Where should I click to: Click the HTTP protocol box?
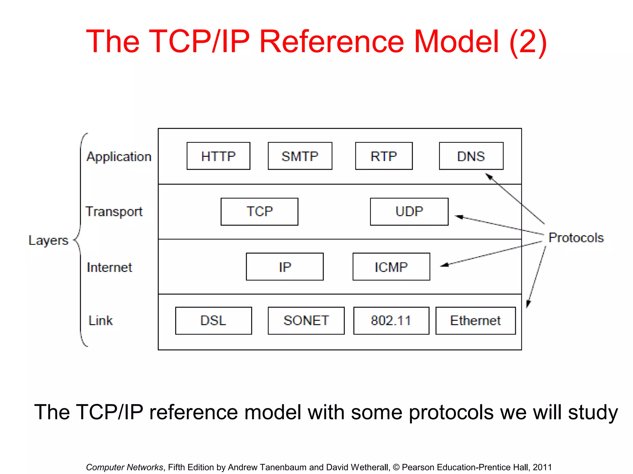coord(218,156)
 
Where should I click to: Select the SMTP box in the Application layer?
coord(300,156)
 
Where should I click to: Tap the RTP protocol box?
coord(384,156)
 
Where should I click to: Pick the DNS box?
coord(471,156)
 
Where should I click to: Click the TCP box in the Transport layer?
coord(259,212)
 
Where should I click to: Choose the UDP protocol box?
coord(409,212)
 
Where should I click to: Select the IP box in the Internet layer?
coord(285,267)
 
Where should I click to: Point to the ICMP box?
coord(391,267)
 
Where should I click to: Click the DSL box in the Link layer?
coord(213,320)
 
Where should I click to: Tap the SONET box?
coord(306,320)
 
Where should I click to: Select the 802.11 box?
coord(391,320)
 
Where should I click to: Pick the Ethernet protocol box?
coord(475,320)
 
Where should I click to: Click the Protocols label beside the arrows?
coord(576,238)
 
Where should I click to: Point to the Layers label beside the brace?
coord(48,240)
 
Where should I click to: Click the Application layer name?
coord(119,157)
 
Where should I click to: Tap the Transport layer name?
coord(114,212)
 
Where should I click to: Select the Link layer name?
coord(100,320)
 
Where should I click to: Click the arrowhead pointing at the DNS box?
coord(489,177)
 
